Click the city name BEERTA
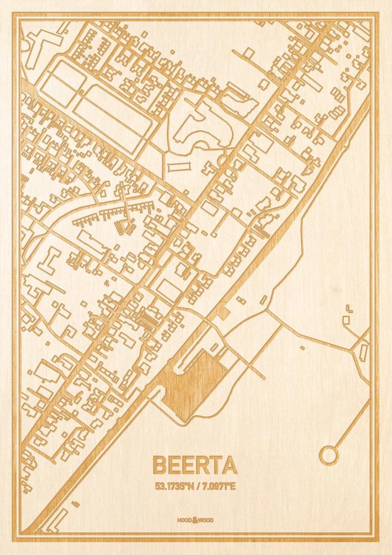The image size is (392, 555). [x=195, y=465]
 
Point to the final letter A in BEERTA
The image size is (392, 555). [x=230, y=465]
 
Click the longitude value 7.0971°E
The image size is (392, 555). [x=218, y=486]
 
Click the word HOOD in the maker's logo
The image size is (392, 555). [x=184, y=520]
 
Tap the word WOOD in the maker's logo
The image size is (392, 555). [x=207, y=520]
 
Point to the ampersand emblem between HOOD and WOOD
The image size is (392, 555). [x=195, y=520]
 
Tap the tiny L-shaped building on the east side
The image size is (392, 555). [x=349, y=308]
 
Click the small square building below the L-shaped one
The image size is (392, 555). [x=346, y=320]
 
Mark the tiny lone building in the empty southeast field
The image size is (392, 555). [x=302, y=348]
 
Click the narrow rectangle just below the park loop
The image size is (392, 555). [x=179, y=166]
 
